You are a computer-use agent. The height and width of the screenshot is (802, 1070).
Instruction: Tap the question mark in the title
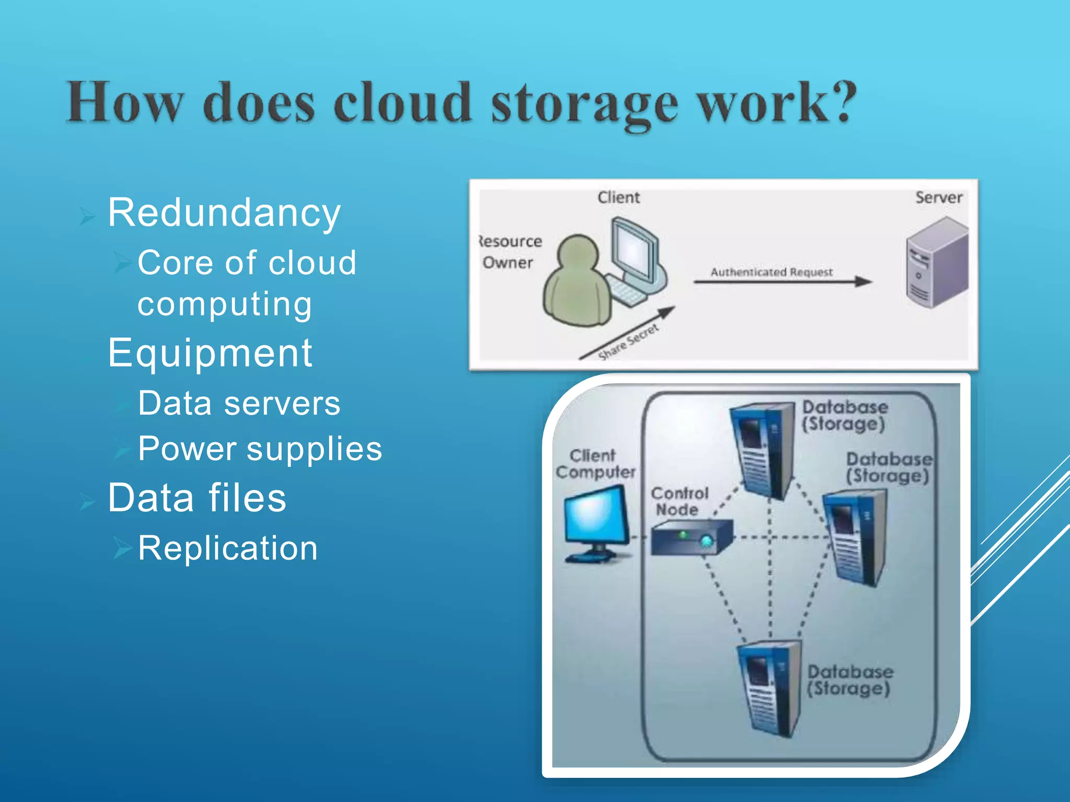point(838,101)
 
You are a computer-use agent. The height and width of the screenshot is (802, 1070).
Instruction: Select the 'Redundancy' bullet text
point(224,213)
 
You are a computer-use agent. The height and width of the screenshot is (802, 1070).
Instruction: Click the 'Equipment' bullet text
point(210,353)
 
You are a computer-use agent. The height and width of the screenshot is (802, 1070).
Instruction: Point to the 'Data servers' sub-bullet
point(239,403)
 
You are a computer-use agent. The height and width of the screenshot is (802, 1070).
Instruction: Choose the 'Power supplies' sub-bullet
point(260,449)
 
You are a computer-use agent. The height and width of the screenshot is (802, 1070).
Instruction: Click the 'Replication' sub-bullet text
point(228,548)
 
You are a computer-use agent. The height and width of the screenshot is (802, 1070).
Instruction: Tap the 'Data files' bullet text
point(197,498)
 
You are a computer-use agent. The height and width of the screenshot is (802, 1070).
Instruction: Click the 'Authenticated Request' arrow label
point(771,272)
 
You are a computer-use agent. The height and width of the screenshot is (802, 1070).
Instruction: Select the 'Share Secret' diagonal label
point(628,343)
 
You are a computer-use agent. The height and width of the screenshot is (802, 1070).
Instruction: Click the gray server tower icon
point(936,263)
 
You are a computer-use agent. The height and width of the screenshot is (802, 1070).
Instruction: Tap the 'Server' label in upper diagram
point(938,197)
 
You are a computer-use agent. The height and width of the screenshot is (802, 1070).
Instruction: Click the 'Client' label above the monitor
point(619,197)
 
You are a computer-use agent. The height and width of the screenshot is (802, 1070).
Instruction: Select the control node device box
point(691,538)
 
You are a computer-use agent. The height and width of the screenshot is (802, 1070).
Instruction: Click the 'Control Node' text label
point(679,501)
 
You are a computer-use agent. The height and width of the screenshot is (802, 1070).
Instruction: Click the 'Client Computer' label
point(595,464)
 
